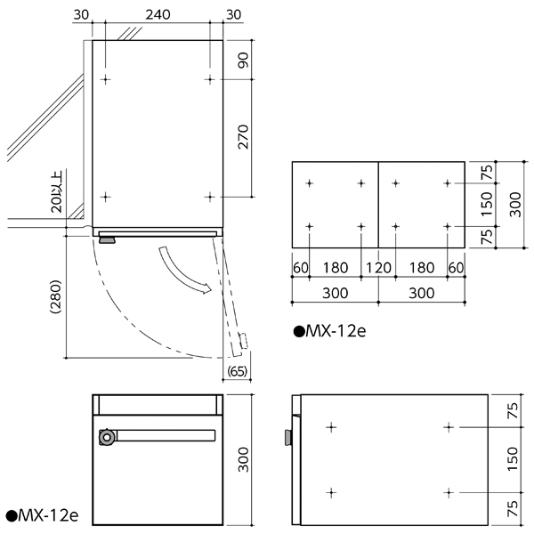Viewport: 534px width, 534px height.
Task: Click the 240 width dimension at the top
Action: point(157,14)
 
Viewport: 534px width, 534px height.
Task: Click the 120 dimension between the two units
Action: point(377,267)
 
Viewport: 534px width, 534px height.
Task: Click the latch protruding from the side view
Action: point(288,437)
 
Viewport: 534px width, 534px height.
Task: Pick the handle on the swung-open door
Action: point(242,340)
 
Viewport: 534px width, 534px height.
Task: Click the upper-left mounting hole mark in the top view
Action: point(106,80)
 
